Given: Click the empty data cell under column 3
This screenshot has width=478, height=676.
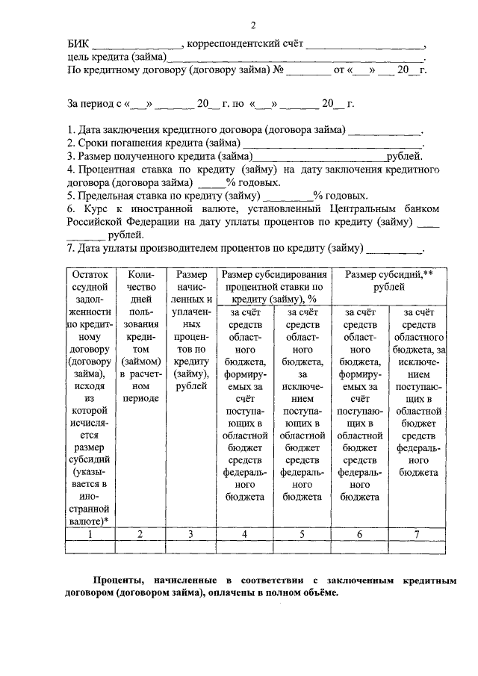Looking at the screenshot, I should [x=191, y=546].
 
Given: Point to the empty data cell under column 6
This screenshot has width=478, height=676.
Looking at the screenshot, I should [x=359, y=546].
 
